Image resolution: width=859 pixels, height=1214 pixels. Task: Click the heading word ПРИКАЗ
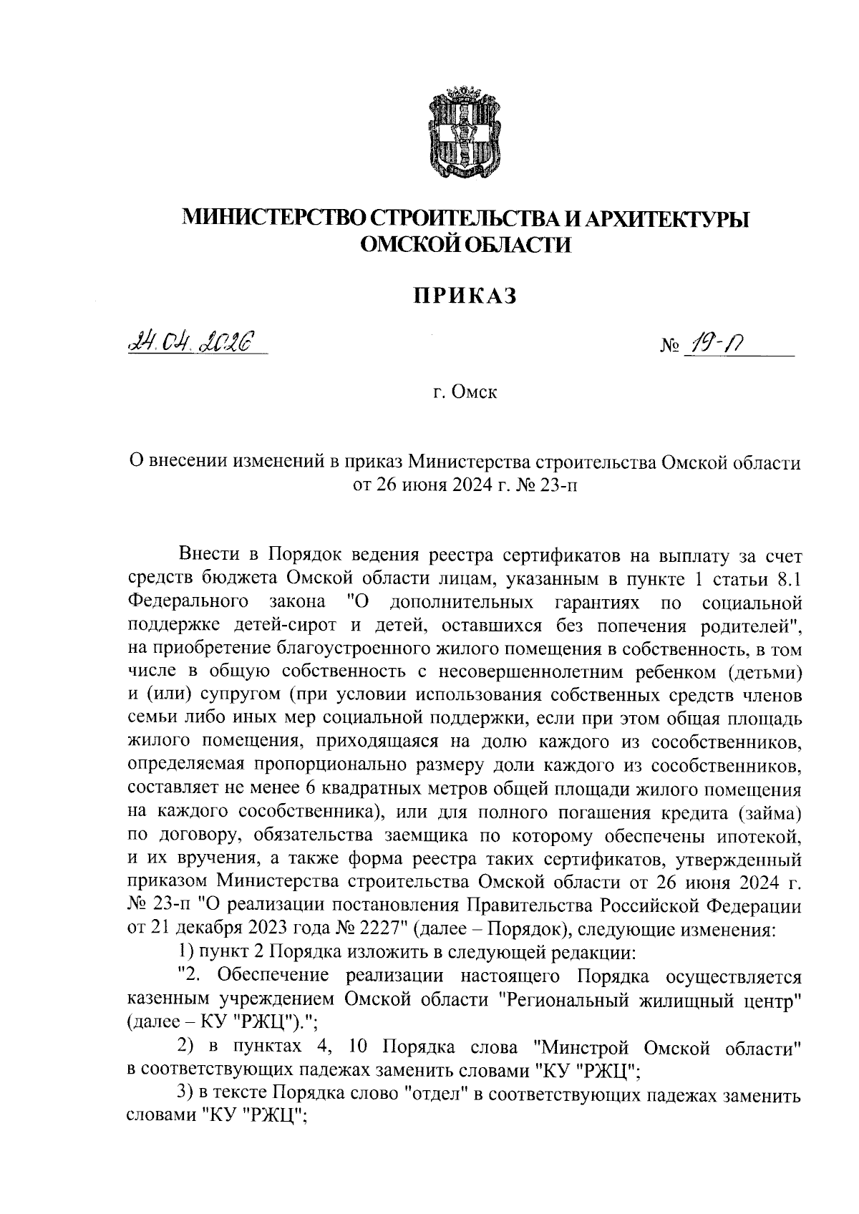(465, 295)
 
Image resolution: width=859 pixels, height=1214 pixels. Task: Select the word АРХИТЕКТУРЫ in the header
(667, 218)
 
